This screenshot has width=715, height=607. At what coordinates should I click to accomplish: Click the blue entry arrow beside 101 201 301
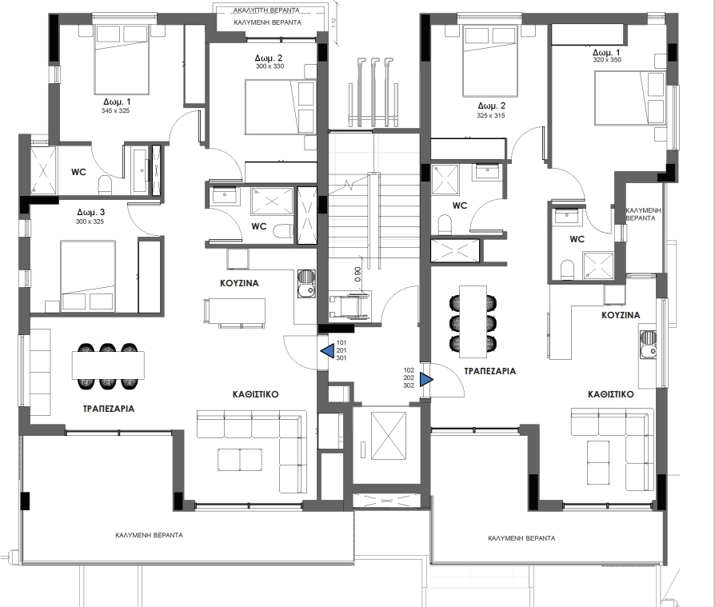point(328,350)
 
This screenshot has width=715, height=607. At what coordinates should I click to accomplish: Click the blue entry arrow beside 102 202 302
point(426,379)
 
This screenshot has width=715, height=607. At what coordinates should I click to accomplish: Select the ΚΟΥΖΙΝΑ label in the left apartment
point(239,283)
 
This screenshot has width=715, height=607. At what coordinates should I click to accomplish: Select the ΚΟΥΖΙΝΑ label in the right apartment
point(621,315)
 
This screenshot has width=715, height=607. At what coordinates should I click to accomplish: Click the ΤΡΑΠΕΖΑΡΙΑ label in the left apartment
point(109,409)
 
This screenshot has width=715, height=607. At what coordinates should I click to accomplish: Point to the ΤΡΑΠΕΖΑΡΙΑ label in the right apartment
point(489,371)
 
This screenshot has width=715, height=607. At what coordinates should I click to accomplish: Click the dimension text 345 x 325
point(115,111)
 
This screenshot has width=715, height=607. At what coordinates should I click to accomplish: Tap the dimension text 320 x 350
point(607,60)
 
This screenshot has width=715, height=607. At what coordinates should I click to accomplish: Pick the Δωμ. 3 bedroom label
point(90,212)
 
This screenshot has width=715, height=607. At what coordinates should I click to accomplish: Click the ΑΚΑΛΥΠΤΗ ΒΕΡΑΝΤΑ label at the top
point(266,10)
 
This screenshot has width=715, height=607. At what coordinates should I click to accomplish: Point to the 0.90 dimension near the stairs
point(358,274)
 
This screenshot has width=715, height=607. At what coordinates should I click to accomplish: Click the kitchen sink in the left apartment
point(306,283)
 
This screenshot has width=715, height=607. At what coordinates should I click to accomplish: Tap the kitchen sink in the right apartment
point(648,345)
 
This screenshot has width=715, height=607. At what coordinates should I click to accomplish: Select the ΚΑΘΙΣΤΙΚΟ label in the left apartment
point(255,394)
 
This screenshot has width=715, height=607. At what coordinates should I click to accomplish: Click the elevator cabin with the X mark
point(389,437)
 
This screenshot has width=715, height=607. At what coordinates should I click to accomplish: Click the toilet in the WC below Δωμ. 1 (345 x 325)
point(106,184)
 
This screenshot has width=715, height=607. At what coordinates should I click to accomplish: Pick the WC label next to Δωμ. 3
point(78,172)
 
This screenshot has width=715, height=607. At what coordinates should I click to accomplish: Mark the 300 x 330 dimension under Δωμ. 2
point(270,66)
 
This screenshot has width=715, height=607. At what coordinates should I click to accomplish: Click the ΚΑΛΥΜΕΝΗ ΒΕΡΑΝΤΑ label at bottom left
point(149,535)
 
